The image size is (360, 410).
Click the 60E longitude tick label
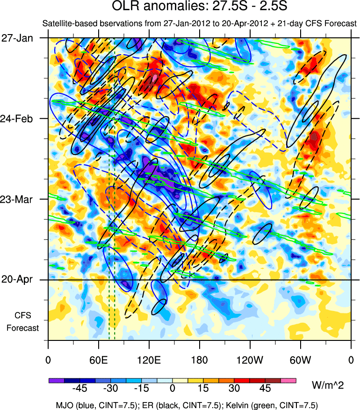coord(99,360)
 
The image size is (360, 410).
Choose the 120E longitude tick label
coord(149,360)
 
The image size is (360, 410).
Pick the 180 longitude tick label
coord(200,360)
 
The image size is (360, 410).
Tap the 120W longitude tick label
coord(250,360)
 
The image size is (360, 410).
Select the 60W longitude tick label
coord(300,360)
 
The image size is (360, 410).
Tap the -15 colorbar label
coord(141,389)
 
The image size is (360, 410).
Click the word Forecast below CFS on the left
coord(22,328)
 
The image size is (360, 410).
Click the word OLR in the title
coord(124,7)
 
